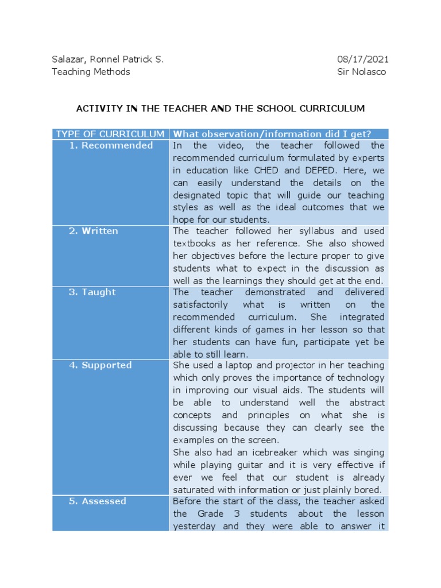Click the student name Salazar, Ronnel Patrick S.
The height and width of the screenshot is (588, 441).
coord(107,59)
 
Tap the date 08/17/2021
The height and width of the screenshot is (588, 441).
coord(362,59)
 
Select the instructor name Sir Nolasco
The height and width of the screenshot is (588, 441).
coord(362,72)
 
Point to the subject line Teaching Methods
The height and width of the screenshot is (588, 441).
coord(91,72)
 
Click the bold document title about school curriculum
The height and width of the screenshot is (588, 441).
coord(220,108)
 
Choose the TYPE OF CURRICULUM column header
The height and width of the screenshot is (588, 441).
coord(110,134)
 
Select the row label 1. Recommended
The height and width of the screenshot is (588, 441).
coord(111,146)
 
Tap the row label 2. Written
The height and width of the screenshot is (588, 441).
coord(94,231)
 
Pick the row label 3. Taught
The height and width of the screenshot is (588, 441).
coord(92,292)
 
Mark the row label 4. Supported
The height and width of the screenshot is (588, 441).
coord(100,365)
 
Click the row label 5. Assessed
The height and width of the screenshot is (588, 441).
coord(98,501)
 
